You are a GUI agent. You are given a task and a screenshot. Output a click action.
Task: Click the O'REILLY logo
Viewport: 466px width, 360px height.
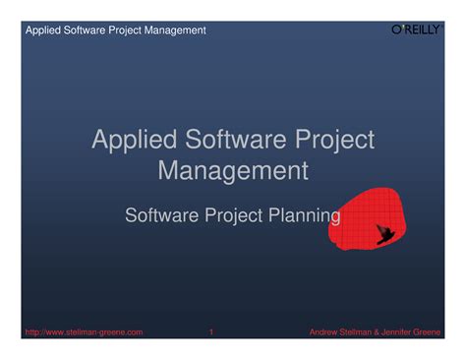[x=413, y=30]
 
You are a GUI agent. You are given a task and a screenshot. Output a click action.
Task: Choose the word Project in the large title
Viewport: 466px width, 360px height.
[x=326, y=140]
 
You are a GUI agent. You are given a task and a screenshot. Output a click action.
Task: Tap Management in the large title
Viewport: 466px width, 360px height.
[x=233, y=171]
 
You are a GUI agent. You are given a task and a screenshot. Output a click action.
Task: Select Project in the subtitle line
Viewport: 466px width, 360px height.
[x=231, y=213]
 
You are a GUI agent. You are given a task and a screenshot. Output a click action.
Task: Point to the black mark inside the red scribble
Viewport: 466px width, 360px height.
[x=385, y=234]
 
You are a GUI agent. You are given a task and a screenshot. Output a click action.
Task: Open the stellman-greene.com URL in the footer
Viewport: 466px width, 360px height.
[x=84, y=332]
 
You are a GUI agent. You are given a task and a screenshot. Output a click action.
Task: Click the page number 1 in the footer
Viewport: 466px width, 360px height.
[x=211, y=332]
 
